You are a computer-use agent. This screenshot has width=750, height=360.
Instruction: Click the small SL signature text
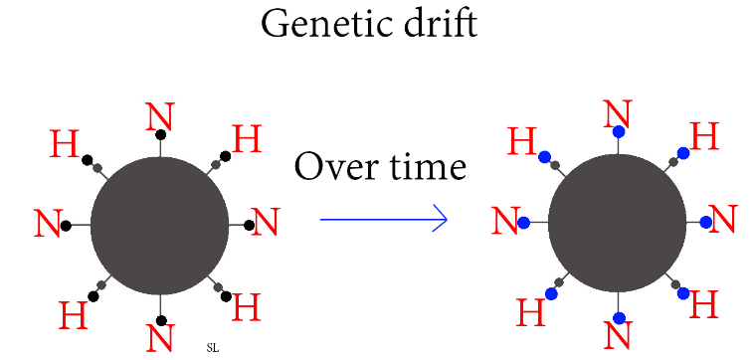211,347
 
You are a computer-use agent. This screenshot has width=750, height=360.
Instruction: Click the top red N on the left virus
159,118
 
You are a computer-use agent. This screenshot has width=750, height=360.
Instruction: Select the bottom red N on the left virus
160,336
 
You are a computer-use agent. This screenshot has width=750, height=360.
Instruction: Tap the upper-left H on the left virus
65,144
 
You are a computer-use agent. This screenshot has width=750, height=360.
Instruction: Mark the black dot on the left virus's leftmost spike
66,226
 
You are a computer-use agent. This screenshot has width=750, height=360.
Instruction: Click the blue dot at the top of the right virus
618,132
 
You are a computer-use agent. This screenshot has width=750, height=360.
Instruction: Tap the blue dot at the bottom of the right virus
618,318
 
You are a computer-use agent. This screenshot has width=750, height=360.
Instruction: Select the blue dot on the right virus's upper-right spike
683,153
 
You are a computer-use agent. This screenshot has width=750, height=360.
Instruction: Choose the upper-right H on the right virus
704,136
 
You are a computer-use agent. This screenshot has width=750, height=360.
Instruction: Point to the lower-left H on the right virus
531,312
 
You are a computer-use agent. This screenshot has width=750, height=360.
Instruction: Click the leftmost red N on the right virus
505,222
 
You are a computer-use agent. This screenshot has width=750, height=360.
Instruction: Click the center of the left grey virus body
160,225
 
